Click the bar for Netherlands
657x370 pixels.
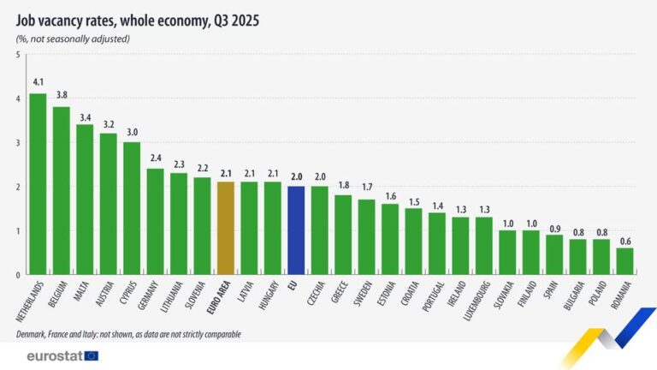[38, 183]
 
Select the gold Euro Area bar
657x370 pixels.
[225, 228]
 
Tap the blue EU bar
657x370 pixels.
[295, 230]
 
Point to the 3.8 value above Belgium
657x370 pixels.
[61, 96]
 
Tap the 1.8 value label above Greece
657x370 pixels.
[342, 184]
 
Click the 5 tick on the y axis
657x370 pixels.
[18, 56]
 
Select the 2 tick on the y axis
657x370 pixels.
[18, 187]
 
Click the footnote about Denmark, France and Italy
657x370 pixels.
[128, 334]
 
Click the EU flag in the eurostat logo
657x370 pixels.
[91, 355]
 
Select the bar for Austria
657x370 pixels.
[108, 204]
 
